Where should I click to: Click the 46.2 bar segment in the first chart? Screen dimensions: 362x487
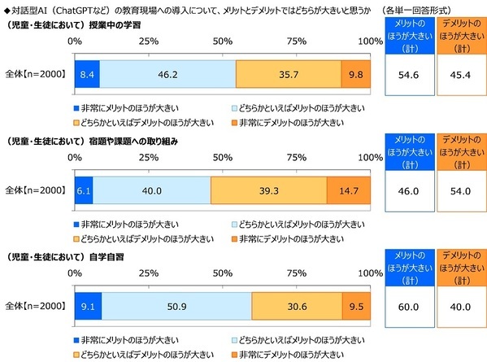(167, 73)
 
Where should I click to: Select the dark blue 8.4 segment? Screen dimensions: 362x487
(87, 73)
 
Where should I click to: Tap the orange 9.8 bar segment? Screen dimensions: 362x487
(356, 73)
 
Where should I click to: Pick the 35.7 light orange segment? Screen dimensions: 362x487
(288, 73)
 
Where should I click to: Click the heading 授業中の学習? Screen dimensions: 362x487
(131, 24)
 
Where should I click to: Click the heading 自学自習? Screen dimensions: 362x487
(120, 256)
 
